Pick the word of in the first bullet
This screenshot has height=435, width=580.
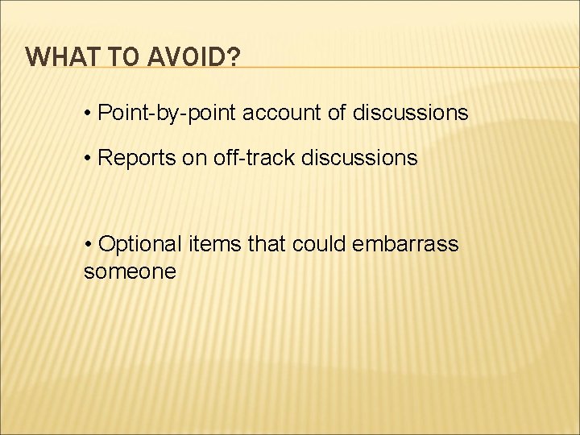click(x=337, y=114)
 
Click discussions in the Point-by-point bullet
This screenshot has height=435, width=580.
click(x=410, y=114)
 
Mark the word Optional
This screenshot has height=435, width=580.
click(x=142, y=244)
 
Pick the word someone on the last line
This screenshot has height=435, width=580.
click(x=130, y=271)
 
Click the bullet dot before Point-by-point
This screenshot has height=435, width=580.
click(x=88, y=114)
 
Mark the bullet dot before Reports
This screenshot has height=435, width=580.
click(x=88, y=158)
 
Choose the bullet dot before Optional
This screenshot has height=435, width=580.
click(x=88, y=244)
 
